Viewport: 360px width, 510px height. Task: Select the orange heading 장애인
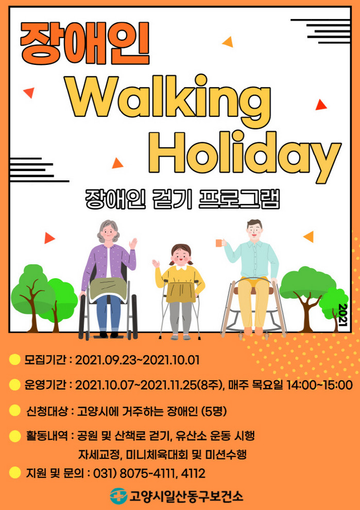pyautogui.click(x=85, y=44)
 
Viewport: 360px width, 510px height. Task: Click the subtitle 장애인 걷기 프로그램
pyautogui.click(x=182, y=199)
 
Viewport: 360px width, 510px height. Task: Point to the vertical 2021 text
pyautogui.click(x=343, y=315)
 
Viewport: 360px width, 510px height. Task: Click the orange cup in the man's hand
pyautogui.click(x=220, y=243)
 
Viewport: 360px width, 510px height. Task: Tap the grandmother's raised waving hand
pyautogui.click(x=133, y=244)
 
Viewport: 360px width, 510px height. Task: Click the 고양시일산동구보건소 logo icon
pyautogui.click(x=118, y=496)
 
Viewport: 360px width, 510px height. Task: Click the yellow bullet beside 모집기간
pyautogui.click(x=14, y=360)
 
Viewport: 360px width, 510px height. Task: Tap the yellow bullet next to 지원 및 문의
pyautogui.click(x=14, y=472)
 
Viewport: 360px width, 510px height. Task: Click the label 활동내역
pyautogui.click(x=47, y=436)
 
